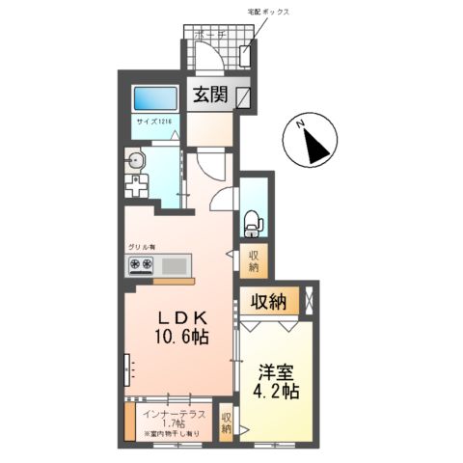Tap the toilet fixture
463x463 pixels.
click(253, 221)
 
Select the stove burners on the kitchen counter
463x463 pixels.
click(139, 265)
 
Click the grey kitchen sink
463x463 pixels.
click(175, 265)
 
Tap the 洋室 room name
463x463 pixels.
click(272, 371)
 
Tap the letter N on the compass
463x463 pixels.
click(301, 125)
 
